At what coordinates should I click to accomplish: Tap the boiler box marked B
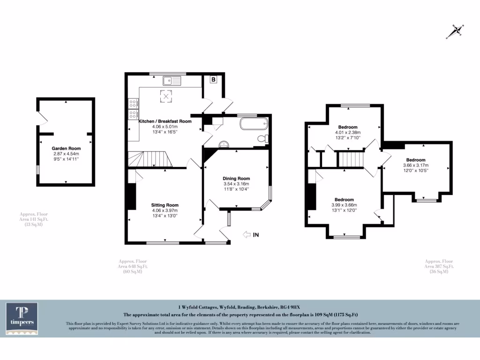point(213,80)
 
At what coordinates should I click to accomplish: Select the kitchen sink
point(172,81)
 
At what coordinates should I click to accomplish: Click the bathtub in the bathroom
point(253,124)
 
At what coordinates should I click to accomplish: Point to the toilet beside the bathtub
point(264,138)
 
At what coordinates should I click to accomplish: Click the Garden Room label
point(66,148)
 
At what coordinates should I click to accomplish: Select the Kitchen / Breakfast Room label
point(165,121)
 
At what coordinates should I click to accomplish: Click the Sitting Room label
point(165,205)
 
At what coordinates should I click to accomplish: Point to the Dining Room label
point(236,179)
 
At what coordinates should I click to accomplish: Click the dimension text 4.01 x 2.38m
point(347,133)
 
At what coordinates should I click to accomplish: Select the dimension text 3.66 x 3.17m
point(415,165)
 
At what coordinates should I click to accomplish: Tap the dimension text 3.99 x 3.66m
point(344,205)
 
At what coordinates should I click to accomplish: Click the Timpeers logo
point(22,319)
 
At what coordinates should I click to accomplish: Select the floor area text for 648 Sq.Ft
point(133,267)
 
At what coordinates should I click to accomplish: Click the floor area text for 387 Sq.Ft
point(439,267)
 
